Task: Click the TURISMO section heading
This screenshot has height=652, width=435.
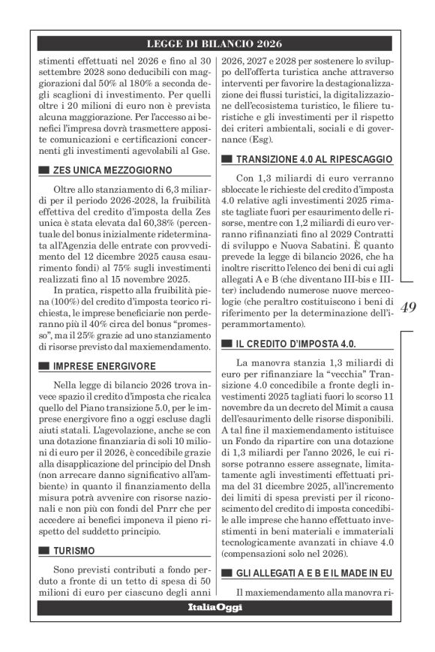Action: [74, 551]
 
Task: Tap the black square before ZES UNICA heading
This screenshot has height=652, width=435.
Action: [43, 171]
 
